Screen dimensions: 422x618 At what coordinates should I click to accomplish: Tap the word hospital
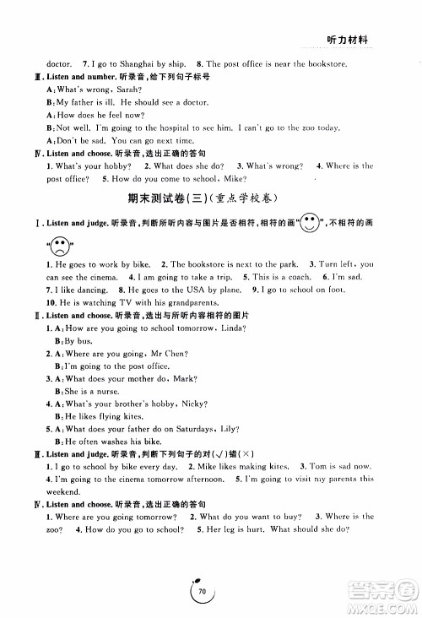coord(157,127)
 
